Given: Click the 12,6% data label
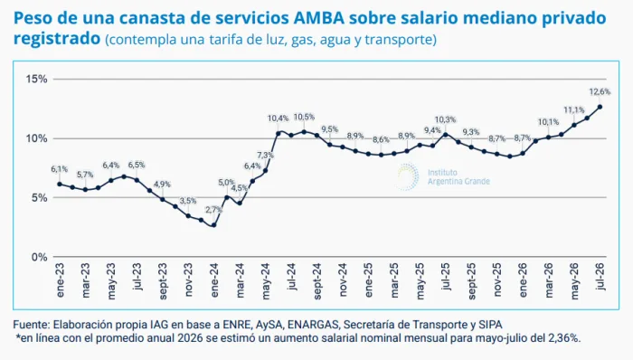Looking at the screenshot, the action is pyautogui.click(x=600, y=92).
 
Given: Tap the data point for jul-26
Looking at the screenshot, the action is pyautogui.click(x=600, y=107).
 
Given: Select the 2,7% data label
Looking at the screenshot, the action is pyautogui.click(x=213, y=210).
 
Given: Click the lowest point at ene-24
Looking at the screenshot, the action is pyautogui.click(x=213, y=225).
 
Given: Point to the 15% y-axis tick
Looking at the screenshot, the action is pyautogui.click(x=37, y=79).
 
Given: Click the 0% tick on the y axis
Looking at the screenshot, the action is pyautogui.click(x=40, y=257).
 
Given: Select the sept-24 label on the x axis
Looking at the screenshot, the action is pyautogui.click(x=317, y=281).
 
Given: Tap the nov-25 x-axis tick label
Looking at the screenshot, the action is pyautogui.click(x=497, y=280).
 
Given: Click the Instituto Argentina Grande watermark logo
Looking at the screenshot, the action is pyautogui.click(x=407, y=176).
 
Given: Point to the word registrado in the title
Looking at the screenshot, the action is pyautogui.click(x=56, y=39).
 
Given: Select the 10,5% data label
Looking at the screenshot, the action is pyautogui.click(x=304, y=117).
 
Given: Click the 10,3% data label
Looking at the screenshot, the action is pyautogui.click(x=445, y=119).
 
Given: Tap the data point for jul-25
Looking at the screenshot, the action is pyautogui.click(x=445, y=135).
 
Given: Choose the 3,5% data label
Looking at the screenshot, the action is pyautogui.click(x=188, y=201).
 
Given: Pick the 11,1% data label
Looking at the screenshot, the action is pyautogui.click(x=574, y=110).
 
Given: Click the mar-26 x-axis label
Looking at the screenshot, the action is pyautogui.click(x=549, y=280).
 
